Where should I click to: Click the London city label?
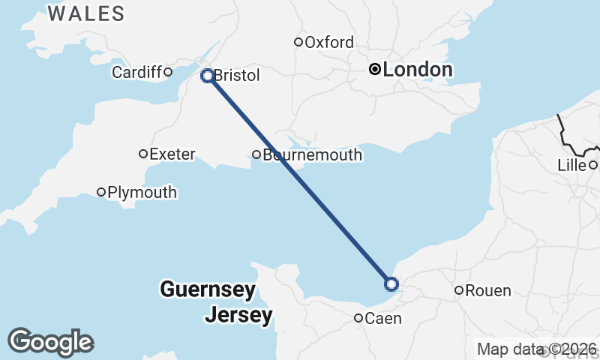(417, 70)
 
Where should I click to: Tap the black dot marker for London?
(374, 70)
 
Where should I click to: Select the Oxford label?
(329, 42)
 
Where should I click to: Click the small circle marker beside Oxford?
(298, 42)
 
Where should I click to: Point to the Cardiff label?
(136, 72)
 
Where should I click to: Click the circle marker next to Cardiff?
(168, 72)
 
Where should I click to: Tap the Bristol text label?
(236, 76)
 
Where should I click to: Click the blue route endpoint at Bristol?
(208, 75)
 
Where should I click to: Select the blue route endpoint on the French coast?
(391, 283)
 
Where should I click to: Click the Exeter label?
(172, 154)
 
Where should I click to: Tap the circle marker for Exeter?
(143, 154)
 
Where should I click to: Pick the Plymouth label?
(142, 192)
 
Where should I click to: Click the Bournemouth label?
(312, 155)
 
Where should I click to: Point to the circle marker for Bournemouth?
(256, 155)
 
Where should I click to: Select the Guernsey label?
(208, 289)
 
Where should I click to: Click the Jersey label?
(238, 315)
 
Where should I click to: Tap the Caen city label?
(384, 319)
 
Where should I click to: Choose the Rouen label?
(488, 291)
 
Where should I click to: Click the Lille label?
(571, 165)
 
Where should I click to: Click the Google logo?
(50, 342)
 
